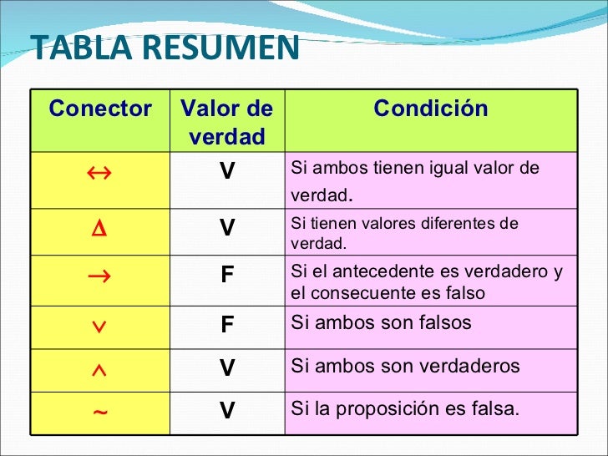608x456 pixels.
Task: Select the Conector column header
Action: (x=100, y=109)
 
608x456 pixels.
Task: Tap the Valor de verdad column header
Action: (x=226, y=122)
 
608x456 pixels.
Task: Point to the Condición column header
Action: (x=430, y=108)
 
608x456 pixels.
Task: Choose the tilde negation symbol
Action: (x=99, y=410)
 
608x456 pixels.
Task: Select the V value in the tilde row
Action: (x=226, y=411)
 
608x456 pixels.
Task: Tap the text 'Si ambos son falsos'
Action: (x=381, y=323)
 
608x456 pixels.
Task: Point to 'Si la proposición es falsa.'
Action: (x=405, y=409)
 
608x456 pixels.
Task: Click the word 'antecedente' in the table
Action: (x=382, y=272)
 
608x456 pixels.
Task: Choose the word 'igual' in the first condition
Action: (x=453, y=169)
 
